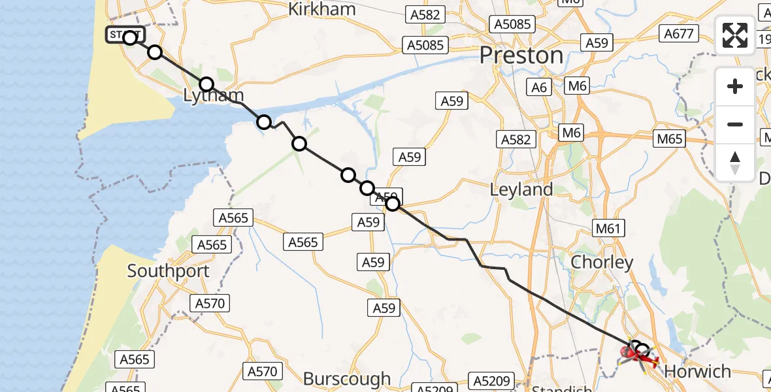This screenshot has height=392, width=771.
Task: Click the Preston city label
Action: pyautogui.click(x=521, y=56)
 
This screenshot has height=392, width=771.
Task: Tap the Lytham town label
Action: pyautogui.click(x=213, y=97)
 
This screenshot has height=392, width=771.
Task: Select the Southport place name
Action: pyautogui.click(x=169, y=270)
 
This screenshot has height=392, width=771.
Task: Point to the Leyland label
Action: pyautogui.click(x=521, y=189)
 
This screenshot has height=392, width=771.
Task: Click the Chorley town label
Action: pyautogui.click(x=602, y=262)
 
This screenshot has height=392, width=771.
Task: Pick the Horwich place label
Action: pyautogui.click(x=697, y=372)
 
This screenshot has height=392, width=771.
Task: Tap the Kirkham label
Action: pyautogui.click(x=322, y=9)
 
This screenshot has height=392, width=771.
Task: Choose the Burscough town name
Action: pyautogui.click(x=346, y=378)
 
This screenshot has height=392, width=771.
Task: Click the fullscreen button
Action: pyautogui.click(x=735, y=35)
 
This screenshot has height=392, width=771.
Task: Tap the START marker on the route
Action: pyautogui.click(x=126, y=35)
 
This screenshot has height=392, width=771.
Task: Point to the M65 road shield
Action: pyautogui.click(x=670, y=139)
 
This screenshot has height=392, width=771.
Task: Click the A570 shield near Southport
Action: pyautogui.click(x=209, y=303)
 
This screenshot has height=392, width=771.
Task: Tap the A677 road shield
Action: pyautogui.click(x=679, y=33)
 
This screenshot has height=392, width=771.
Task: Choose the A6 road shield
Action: pyautogui.click(x=539, y=87)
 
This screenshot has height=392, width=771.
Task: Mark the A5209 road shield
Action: pyautogui.click(x=490, y=380)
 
